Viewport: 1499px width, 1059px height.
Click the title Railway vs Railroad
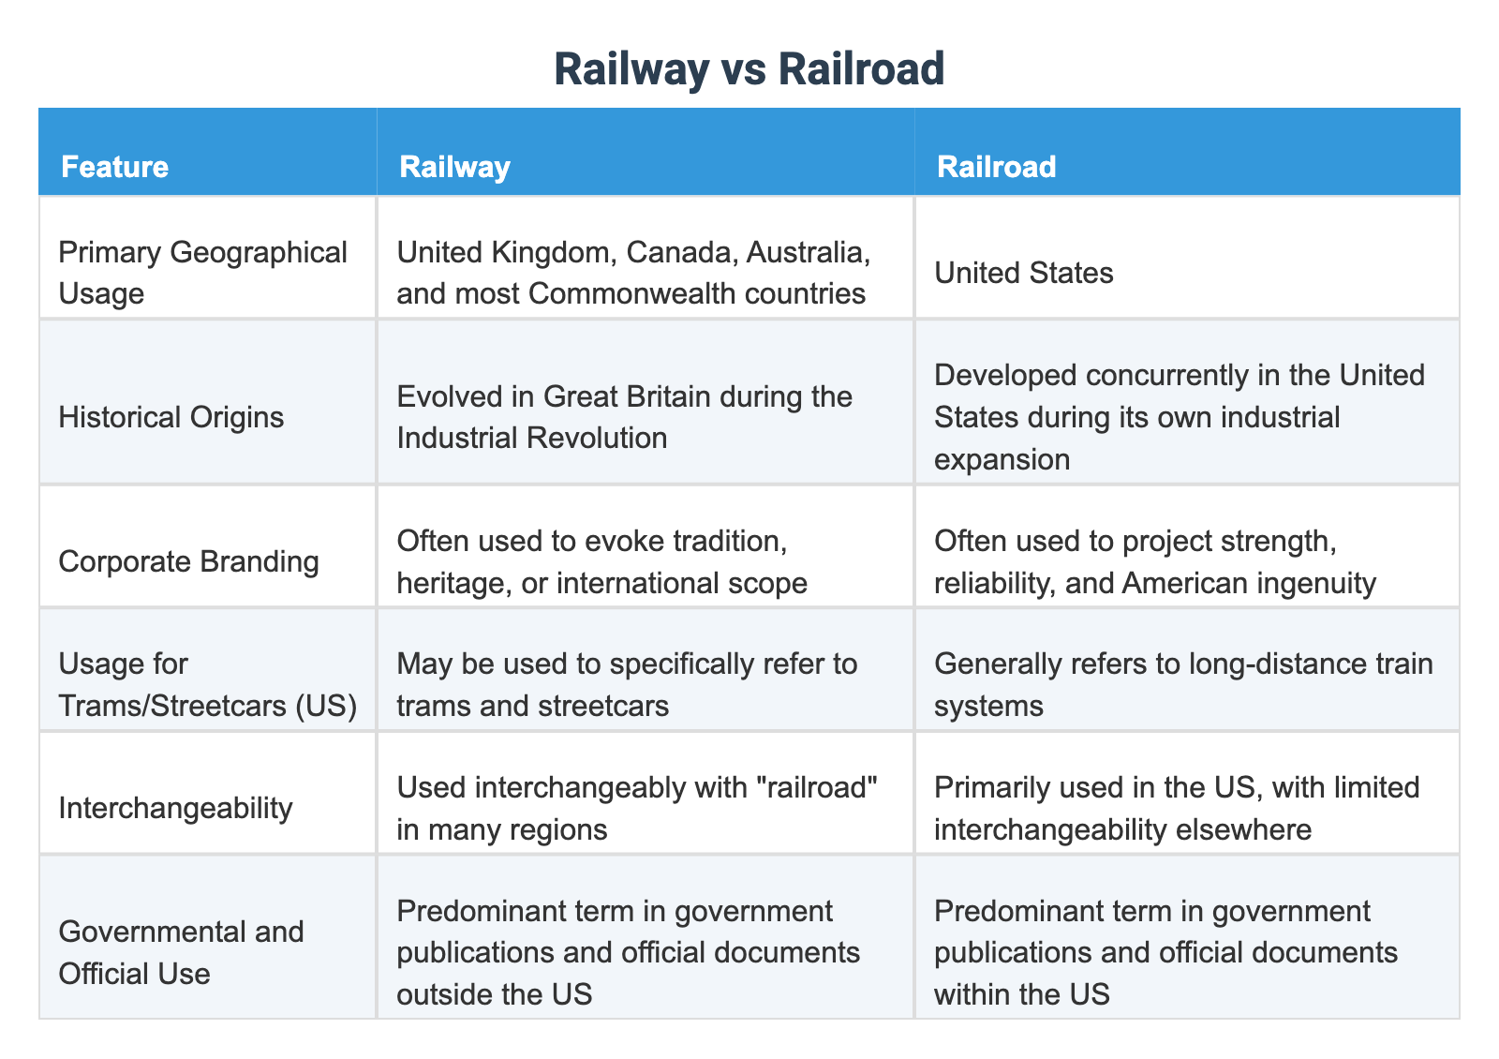749,70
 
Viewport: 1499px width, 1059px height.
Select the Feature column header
114,167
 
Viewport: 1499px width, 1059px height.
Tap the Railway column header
454,167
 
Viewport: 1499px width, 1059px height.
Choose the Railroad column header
996,167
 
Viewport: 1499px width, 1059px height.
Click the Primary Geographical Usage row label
202,273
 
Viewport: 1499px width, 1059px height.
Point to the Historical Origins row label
171,417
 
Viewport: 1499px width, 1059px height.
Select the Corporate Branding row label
188,561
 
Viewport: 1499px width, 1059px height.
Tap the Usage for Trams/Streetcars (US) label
207,684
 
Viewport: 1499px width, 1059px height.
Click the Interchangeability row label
175,807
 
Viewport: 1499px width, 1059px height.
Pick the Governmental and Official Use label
181,952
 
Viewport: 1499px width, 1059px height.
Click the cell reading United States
1023,273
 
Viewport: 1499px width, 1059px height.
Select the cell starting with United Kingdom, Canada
631,273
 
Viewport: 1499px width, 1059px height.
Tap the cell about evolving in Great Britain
624,417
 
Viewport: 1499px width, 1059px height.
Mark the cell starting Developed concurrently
1179,417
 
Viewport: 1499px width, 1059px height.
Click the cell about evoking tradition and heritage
601,561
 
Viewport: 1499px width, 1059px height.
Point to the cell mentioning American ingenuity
1154,561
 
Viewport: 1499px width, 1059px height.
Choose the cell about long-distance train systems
1182,684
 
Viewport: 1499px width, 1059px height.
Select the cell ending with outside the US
628,952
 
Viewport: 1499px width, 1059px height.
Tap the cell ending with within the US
1165,952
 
